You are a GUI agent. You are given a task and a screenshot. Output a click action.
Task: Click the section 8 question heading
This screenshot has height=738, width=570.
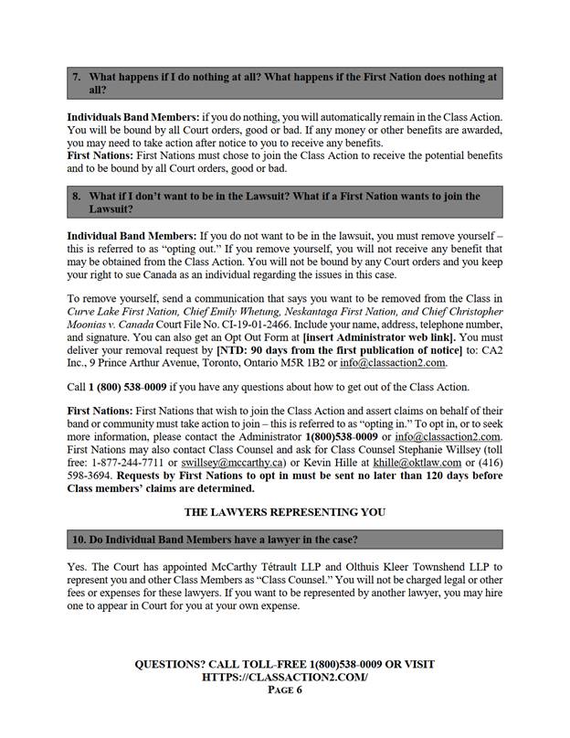[x=284, y=202]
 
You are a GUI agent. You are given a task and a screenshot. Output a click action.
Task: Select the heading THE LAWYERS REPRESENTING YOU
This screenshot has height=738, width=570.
[x=284, y=510]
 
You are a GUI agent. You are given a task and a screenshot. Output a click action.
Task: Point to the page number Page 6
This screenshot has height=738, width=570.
[x=284, y=690]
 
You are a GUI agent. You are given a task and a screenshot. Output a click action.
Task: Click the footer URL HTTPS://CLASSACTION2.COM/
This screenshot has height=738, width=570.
[x=284, y=678]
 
